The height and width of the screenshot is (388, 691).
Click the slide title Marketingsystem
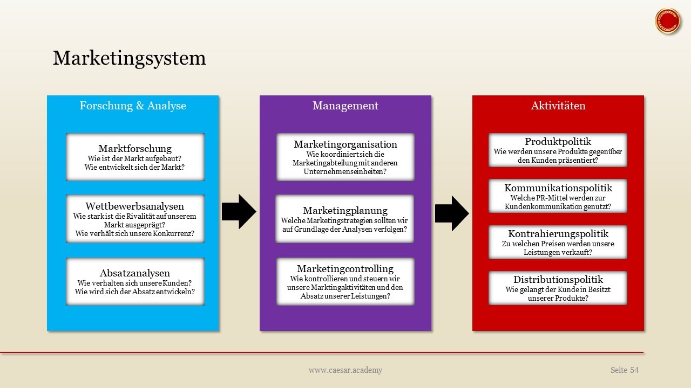coord(129,58)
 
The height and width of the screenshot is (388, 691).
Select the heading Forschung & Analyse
coord(133,106)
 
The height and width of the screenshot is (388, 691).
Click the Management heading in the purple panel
coord(345,106)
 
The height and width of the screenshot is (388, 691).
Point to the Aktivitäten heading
coord(558,106)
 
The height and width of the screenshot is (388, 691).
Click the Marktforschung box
coord(135,157)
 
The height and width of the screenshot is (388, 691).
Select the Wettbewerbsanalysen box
coord(135,219)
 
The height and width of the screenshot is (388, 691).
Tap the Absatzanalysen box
coord(135,281)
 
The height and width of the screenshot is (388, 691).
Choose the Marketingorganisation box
coord(345,157)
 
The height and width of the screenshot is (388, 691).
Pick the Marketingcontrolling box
coord(345,281)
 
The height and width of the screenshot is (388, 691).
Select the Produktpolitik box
coord(558,150)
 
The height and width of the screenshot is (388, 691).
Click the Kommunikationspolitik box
coord(558,196)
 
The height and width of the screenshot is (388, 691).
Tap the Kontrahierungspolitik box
coord(558,242)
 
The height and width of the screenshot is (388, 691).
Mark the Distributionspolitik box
coord(558,288)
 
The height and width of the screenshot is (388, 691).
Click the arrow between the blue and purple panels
coord(239,212)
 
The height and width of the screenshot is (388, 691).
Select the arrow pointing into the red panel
coord(452,213)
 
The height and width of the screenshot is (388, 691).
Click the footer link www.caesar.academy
coord(345,370)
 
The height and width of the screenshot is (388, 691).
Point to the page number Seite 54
coord(624,370)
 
